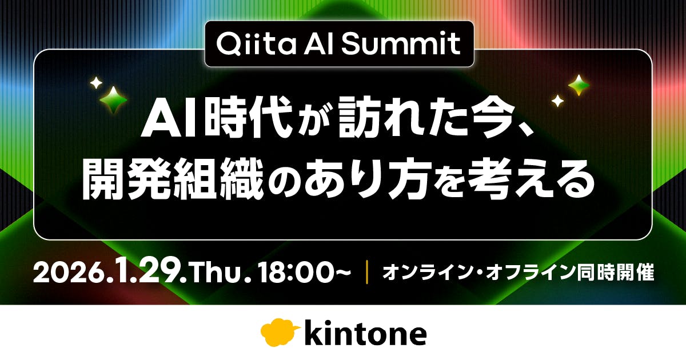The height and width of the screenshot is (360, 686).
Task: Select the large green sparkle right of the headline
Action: [579, 85]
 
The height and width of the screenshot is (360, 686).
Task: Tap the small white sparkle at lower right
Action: [557, 101]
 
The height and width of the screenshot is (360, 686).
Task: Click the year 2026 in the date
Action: [68, 273]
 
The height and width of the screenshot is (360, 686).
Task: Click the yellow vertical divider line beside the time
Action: [366, 273]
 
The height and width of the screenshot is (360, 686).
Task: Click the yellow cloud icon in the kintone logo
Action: [280, 333]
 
